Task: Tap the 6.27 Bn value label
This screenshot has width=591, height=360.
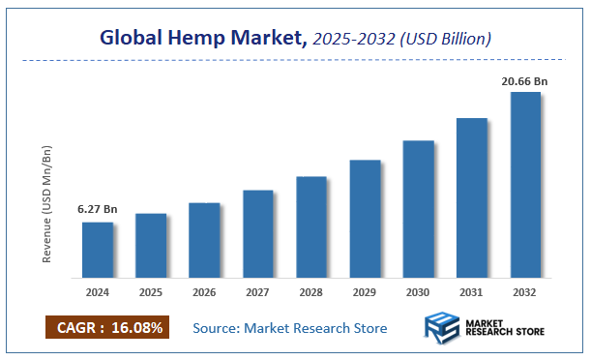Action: coord(97,209)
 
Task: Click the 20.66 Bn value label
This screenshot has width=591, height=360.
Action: coord(524,81)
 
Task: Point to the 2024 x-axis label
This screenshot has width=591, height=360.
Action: coord(98,291)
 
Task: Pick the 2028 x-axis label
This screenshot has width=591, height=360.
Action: coord(311,291)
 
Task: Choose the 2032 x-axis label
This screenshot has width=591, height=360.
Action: coord(525,291)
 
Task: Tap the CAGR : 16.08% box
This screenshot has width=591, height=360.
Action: coord(107,327)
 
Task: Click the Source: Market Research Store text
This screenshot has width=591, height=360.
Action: coord(289,328)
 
